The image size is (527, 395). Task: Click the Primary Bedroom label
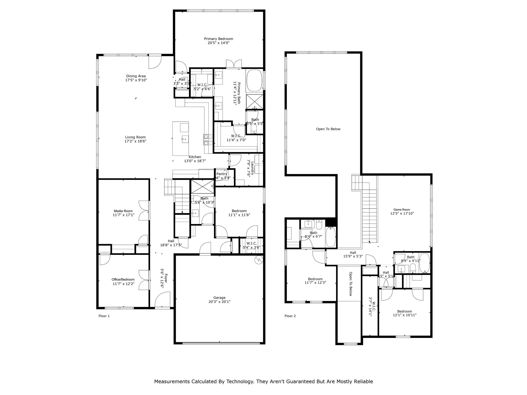pyautogui.click(x=218, y=39)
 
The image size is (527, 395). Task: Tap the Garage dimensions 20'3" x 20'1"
pyautogui.click(x=219, y=302)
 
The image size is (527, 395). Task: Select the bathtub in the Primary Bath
pyautogui.click(x=254, y=80)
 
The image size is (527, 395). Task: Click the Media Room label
pyautogui.click(x=123, y=211)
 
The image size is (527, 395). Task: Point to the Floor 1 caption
pyautogui.click(x=104, y=316)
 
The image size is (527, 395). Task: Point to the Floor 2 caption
pyautogui.click(x=290, y=316)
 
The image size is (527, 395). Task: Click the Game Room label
pyautogui.click(x=402, y=210)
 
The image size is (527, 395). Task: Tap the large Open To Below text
pyautogui.click(x=328, y=129)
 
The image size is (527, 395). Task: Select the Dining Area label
pyautogui.click(x=136, y=76)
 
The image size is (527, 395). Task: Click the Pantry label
pyautogui.click(x=222, y=174)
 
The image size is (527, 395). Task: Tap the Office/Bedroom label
pyautogui.click(x=123, y=280)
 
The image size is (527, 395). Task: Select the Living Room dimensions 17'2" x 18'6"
pyautogui.click(x=135, y=141)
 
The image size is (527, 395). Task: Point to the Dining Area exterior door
pyautogui.click(x=155, y=62)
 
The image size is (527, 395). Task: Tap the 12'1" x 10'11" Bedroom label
pyautogui.click(x=405, y=311)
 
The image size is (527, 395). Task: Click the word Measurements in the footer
pyautogui.click(x=172, y=381)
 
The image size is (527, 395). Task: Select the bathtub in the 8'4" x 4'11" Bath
pyautogui.click(x=425, y=263)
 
